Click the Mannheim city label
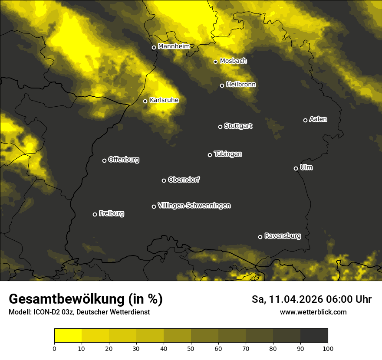(x=174, y=46)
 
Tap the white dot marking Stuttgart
(x=220, y=127)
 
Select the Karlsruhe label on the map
(x=164, y=100)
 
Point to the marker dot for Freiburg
(x=95, y=214)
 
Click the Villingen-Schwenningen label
(x=194, y=206)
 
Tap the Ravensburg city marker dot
(x=260, y=237)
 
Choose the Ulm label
(x=306, y=167)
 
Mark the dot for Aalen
(x=305, y=120)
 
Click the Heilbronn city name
(x=241, y=85)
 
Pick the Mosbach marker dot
(x=215, y=62)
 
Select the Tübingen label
(x=228, y=154)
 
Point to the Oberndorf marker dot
(x=164, y=180)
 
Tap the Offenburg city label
(x=124, y=160)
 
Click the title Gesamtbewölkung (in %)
(x=86, y=299)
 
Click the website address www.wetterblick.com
(x=313, y=312)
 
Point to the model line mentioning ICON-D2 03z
(x=79, y=312)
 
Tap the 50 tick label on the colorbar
(x=191, y=348)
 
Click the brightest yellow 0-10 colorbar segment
(x=68, y=336)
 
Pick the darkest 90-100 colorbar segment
(x=314, y=336)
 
